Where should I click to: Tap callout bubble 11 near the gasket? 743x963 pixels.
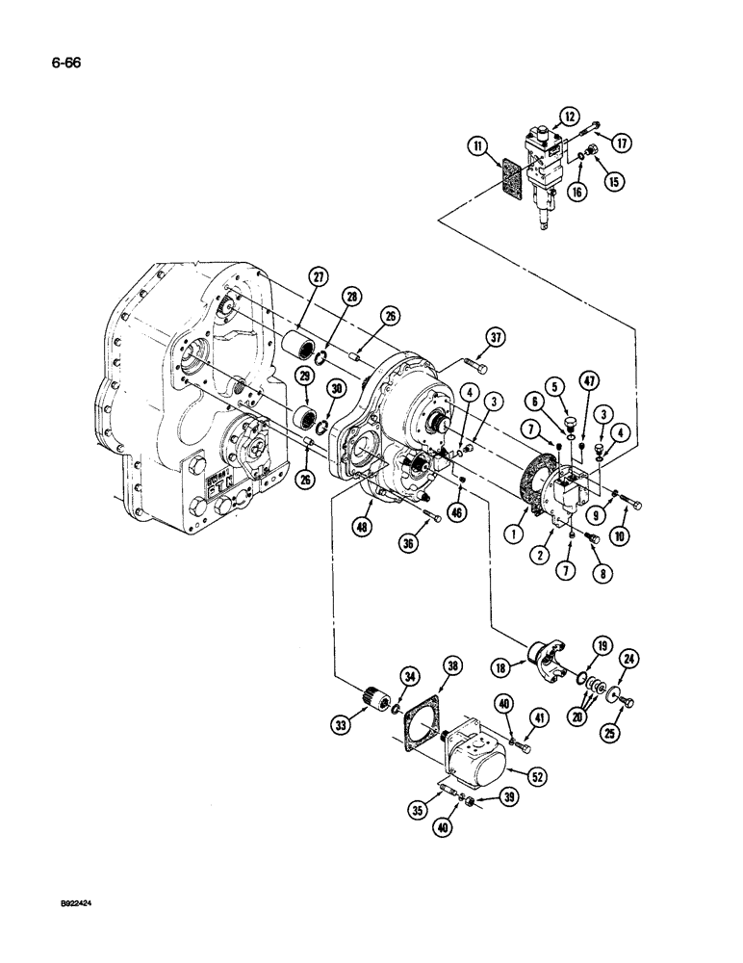coord(478,146)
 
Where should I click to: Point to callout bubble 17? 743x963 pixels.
coord(622,143)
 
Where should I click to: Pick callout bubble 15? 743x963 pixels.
coord(613,180)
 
